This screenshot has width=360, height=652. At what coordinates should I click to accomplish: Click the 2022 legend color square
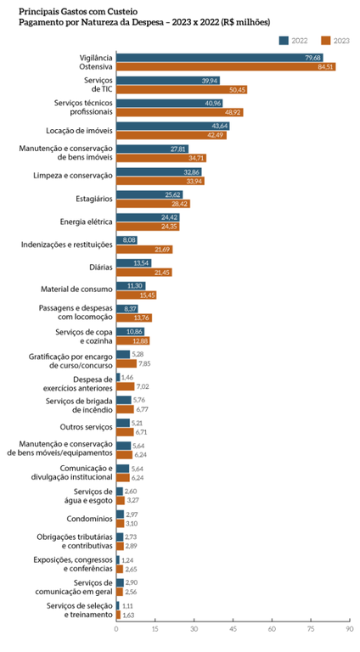pyautogui.click(x=283, y=40)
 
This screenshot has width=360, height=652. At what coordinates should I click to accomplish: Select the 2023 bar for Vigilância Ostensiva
pyautogui.click(x=225, y=66)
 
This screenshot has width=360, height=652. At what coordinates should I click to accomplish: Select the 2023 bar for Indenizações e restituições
pyautogui.click(x=144, y=250)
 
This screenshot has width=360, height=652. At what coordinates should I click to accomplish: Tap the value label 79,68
pyautogui.click(x=313, y=57)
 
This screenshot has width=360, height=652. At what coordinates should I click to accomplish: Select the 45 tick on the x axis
pyautogui.click(x=233, y=629)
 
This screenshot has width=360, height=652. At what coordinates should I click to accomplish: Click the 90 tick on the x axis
pyautogui.click(x=349, y=629)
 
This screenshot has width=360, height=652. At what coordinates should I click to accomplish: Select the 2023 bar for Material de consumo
pyautogui.click(x=136, y=295)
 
